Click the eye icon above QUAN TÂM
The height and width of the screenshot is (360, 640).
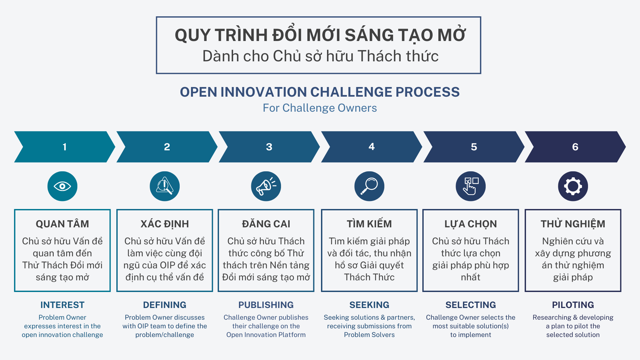[62, 186]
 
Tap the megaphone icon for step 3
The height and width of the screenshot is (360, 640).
[266, 186]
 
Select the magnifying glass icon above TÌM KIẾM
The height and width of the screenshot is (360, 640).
[369, 186]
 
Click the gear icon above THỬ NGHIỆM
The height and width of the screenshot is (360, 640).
[573, 186]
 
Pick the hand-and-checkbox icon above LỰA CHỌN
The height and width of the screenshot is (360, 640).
[471, 186]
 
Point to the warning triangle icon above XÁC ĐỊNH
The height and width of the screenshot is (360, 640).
[165, 186]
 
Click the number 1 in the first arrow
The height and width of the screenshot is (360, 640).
[65, 147]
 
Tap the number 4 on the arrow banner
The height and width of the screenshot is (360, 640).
[372, 147]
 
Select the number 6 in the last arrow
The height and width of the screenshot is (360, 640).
[575, 147]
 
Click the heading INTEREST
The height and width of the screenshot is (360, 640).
[62, 305]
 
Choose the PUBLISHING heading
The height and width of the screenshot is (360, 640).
[266, 305]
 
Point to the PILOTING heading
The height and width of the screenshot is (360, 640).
[573, 305]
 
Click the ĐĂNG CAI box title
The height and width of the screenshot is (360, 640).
[266, 224]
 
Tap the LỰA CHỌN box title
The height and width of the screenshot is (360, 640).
[471, 224]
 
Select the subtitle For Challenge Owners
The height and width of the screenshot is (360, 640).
[320, 108]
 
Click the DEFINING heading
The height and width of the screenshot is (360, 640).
[165, 305]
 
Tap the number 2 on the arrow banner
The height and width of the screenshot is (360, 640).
[167, 147]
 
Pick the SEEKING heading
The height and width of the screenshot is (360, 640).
[369, 305]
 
